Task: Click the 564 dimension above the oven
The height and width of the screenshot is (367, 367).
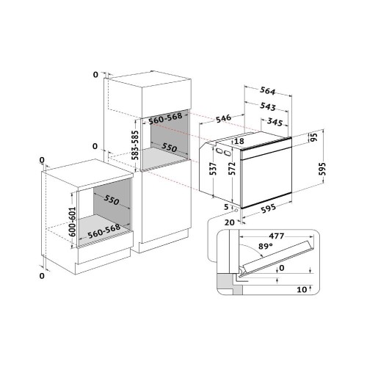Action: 267,91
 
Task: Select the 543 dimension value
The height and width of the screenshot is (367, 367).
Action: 268,106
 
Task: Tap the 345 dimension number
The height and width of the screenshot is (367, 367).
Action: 275,122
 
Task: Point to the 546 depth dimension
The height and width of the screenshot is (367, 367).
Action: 223,118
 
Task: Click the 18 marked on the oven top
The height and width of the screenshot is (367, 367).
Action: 239,141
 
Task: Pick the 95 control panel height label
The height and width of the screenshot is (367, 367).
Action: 314,137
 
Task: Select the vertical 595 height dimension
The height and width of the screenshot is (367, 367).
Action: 322,169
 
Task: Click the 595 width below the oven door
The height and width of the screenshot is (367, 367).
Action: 268,208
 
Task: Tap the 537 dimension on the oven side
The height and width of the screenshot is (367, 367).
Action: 214,169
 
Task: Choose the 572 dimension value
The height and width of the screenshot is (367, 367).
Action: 232,168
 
